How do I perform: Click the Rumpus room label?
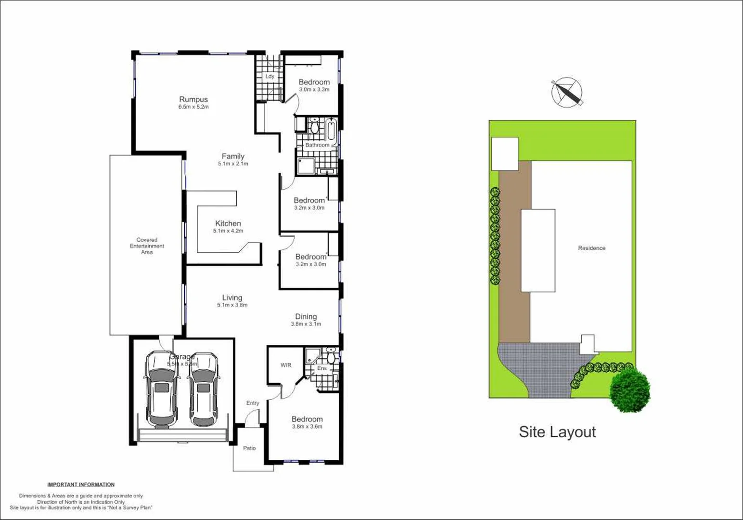coord(193,99)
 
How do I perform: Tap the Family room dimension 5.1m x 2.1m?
coord(233,164)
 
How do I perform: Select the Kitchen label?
coord(228,223)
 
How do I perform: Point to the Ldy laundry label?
coord(269,77)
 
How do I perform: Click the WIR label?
coord(286,365)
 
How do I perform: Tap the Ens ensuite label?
coord(322,368)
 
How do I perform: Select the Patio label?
coord(249,448)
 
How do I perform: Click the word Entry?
coord(253,403)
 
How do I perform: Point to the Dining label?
coord(306,316)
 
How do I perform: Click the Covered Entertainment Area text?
coord(147,246)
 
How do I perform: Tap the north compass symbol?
coord(567,92)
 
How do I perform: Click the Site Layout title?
coord(557,432)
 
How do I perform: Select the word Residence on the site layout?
coord(591,248)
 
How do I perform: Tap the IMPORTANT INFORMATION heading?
coord(81,484)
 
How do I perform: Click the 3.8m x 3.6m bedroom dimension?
coord(307,427)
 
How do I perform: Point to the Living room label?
coord(232,298)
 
